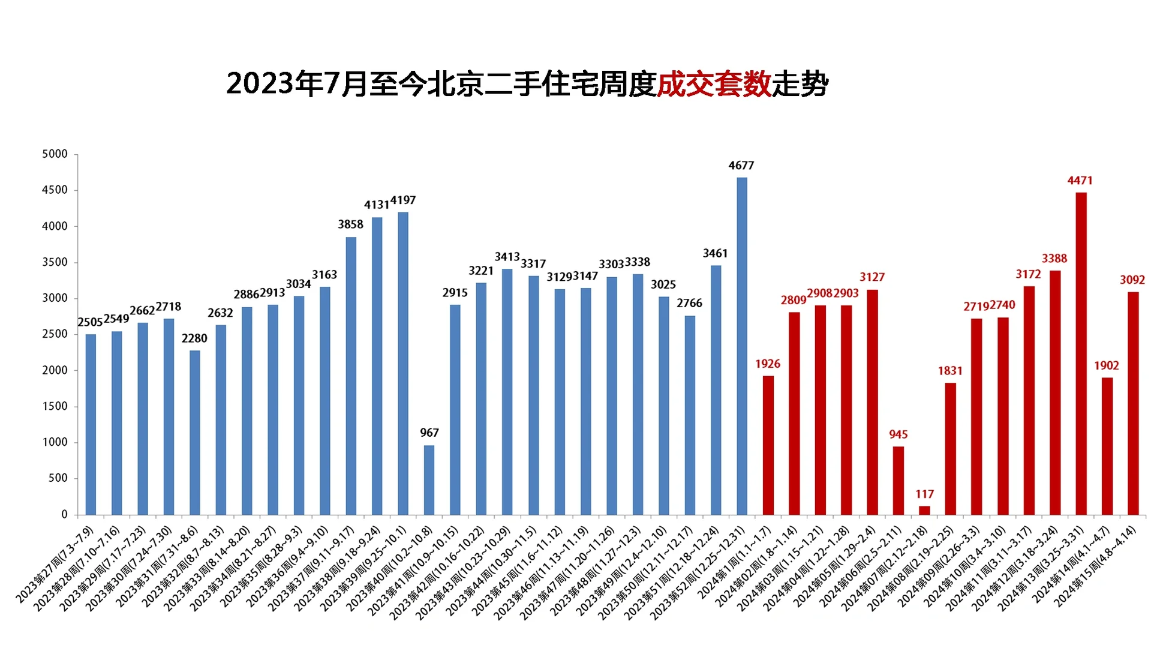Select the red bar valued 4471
1081,353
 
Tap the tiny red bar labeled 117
924,511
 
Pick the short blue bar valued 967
429,480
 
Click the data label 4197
402,200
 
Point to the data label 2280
194,338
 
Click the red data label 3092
1132,280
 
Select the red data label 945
898,434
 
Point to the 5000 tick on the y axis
55,154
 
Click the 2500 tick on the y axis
55,334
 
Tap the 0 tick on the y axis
64,514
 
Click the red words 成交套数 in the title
714,84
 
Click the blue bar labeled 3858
351,376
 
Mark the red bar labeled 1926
768,445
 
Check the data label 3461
715,254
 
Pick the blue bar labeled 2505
91,424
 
